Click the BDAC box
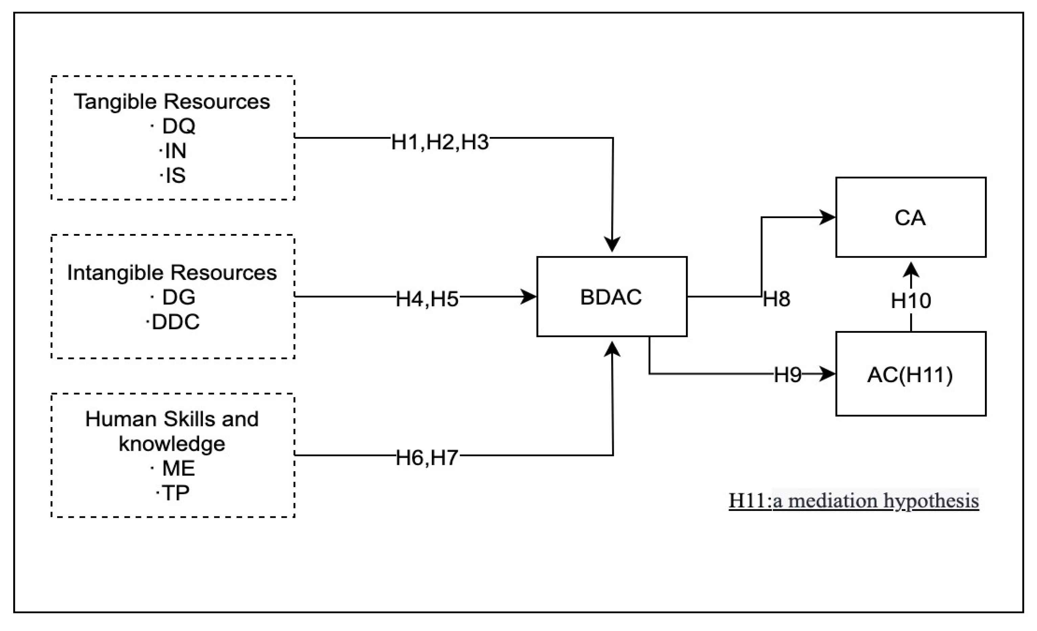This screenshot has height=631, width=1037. pyautogui.click(x=612, y=297)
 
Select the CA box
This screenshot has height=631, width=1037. pyautogui.click(x=910, y=217)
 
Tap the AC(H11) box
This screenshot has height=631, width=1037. pyautogui.click(x=910, y=374)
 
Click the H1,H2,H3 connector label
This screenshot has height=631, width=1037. pyautogui.click(x=440, y=142)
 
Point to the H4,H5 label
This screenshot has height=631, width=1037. pyautogui.click(x=427, y=299)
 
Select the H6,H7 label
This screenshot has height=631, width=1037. pyautogui.click(x=427, y=458)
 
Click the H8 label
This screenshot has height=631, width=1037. pyautogui.click(x=777, y=299)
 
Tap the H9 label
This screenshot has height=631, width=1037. pyautogui.click(x=788, y=374)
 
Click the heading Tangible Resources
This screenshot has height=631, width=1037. pyautogui.click(x=172, y=101)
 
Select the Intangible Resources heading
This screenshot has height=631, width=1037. pyautogui.click(x=172, y=273)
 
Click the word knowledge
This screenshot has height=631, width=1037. pyautogui.click(x=172, y=443)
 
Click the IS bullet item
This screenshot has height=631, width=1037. pyautogui.click(x=175, y=176)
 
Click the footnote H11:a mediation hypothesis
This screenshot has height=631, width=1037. pyautogui.click(x=853, y=500)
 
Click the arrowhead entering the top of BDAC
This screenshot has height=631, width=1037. pyautogui.click(x=612, y=244)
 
